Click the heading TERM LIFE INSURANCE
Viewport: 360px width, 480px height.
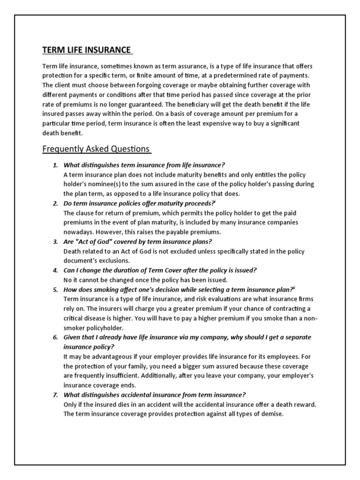point(87,50)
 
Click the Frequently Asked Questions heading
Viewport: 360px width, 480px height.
point(96,149)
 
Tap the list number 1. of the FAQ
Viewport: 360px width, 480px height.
point(55,165)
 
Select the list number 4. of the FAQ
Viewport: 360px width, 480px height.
point(55,270)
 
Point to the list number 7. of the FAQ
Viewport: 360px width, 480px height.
point(55,395)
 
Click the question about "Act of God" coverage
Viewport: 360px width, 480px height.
point(138,242)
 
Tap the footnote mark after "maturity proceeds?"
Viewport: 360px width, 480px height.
point(215,202)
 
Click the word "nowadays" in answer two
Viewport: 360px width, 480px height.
point(78,232)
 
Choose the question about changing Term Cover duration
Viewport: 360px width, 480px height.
point(160,270)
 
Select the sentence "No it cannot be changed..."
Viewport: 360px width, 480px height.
point(145,280)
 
